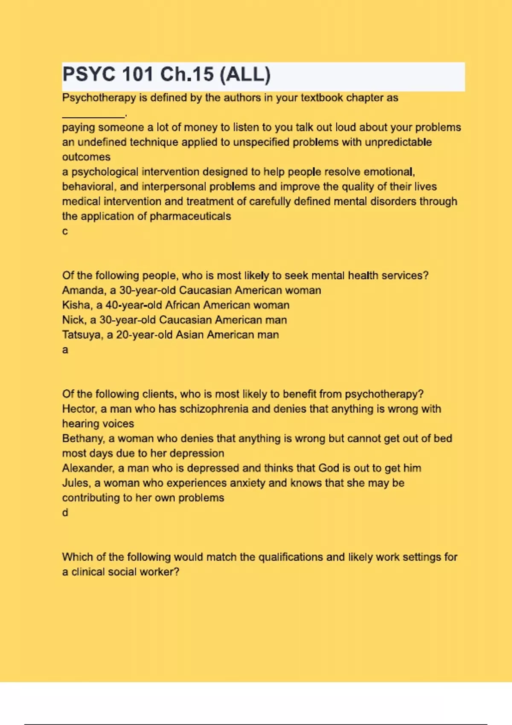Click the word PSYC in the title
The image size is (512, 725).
[x=89, y=74]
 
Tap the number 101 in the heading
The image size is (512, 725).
[x=137, y=74]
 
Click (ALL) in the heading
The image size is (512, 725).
[x=245, y=74]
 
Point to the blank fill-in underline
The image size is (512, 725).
[x=94, y=115]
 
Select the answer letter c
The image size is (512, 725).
[x=65, y=232]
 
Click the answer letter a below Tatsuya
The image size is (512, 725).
[x=65, y=350]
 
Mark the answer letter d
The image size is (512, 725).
[x=65, y=513]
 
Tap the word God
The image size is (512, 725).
[x=329, y=468]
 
